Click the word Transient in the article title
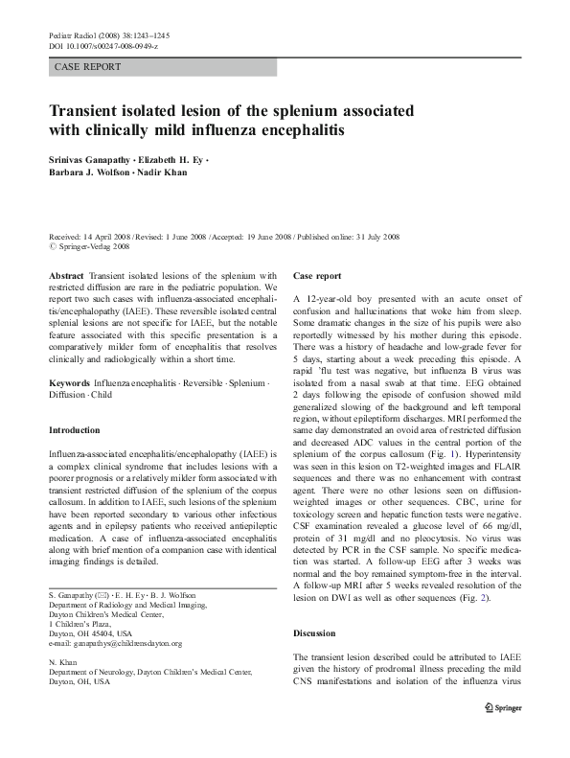(94, 109)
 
